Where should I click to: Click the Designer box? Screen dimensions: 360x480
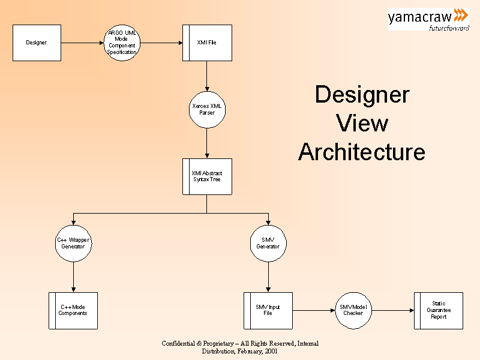[x=37, y=43]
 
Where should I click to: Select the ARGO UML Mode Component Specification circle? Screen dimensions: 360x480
[x=122, y=43]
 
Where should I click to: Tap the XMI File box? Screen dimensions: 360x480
[x=207, y=43]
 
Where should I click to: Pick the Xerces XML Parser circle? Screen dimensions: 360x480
[x=206, y=109]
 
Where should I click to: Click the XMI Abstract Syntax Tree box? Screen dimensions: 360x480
[x=207, y=176]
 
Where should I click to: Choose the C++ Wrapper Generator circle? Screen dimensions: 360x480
[x=73, y=243]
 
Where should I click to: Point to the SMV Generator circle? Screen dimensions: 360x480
[x=268, y=243]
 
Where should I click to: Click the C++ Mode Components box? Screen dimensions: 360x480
[x=73, y=310]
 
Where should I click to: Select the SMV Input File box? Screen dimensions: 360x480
[x=268, y=310]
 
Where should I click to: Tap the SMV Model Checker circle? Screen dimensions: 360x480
[x=353, y=310]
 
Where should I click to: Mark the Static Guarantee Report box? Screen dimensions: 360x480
[x=439, y=310]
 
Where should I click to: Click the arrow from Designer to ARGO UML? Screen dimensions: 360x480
[x=82, y=43]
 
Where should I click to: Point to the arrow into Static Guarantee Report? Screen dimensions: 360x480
[x=392, y=310]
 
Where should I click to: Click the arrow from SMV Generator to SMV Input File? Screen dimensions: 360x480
[x=268, y=277]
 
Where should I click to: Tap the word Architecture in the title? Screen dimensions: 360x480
[x=361, y=152]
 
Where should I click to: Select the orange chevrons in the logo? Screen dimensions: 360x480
[x=461, y=15]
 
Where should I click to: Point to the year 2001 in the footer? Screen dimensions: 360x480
[x=270, y=351]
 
